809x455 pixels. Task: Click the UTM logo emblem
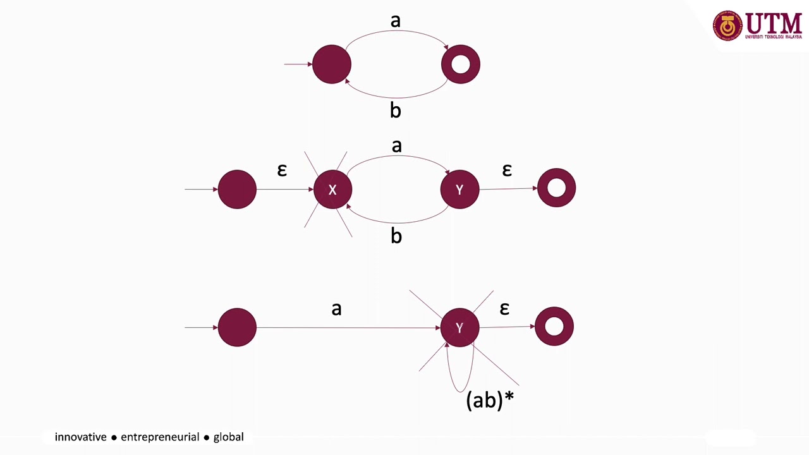click(x=727, y=26)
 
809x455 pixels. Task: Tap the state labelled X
click(x=332, y=190)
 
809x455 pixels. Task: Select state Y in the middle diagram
click(x=459, y=190)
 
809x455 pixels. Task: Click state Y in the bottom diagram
click(x=459, y=327)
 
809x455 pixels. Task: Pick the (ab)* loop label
click(x=489, y=400)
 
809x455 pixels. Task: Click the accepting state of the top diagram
click(x=461, y=64)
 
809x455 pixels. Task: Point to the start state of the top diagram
click(x=332, y=64)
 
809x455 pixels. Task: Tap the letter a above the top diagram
click(x=396, y=21)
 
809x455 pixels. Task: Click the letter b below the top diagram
click(x=396, y=111)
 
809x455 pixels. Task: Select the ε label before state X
click(x=282, y=170)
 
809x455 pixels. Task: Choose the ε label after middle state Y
click(x=507, y=169)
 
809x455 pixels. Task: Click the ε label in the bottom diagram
click(x=504, y=308)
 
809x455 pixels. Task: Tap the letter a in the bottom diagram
click(x=336, y=309)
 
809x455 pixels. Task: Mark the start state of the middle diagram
click(x=237, y=189)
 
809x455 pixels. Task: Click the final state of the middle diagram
click(x=556, y=188)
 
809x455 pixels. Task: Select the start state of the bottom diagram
click(x=237, y=327)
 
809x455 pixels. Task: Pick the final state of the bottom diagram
click(x=554, y=326)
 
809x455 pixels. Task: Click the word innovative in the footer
click(x=81, y=437)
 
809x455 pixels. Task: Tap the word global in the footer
click(x=228, y=437)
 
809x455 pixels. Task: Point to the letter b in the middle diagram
click(x=396, y=236)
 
